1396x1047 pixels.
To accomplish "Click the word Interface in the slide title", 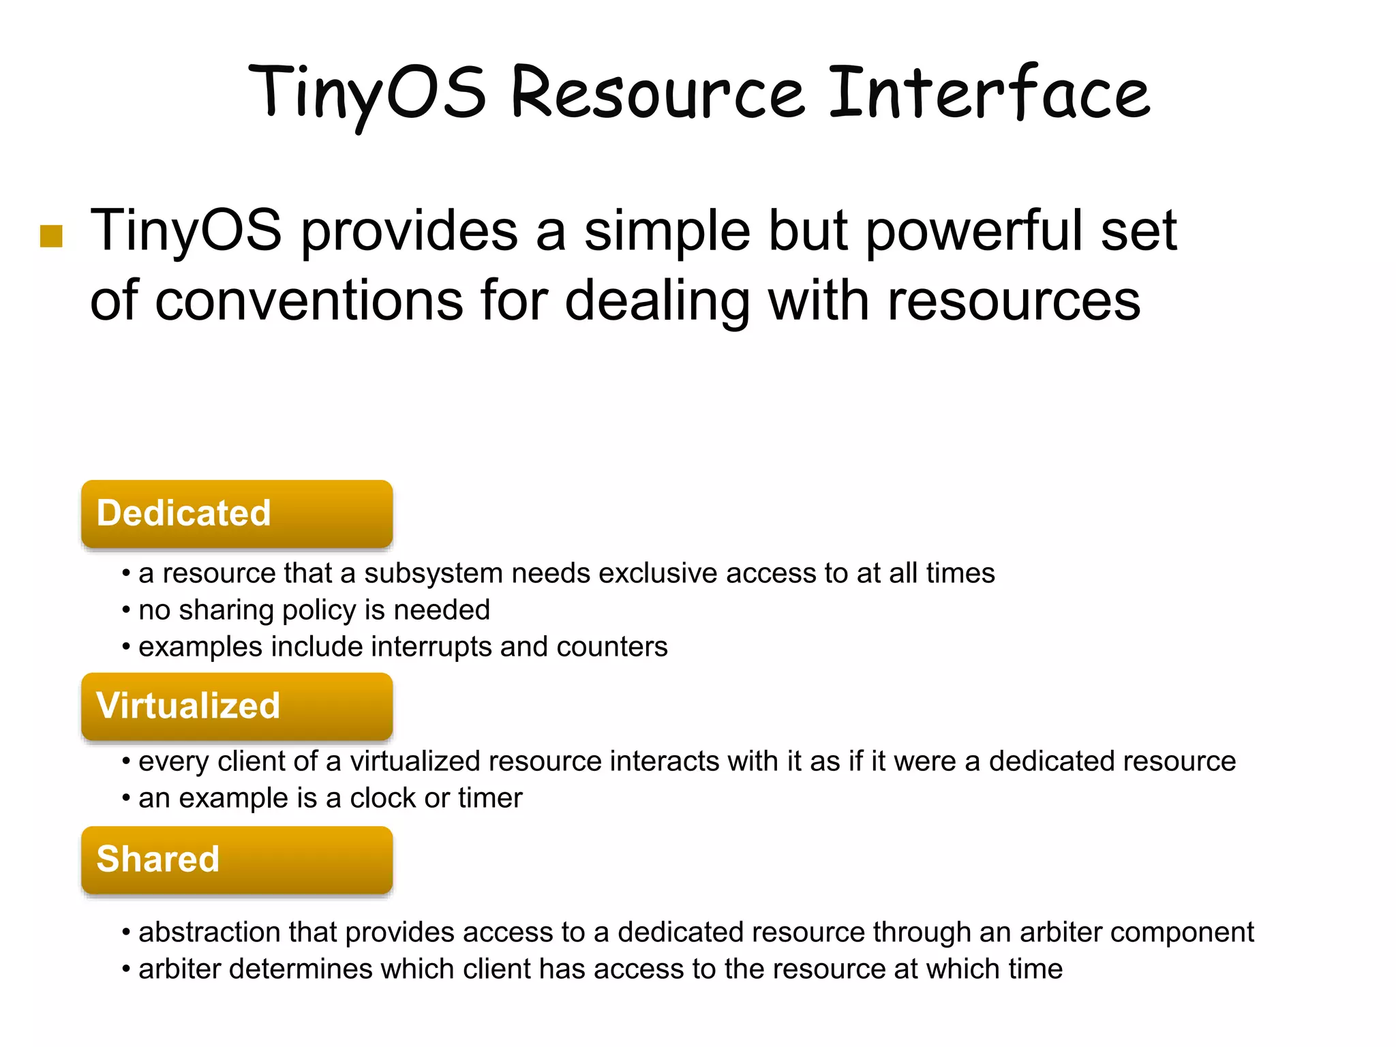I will coord(989,93).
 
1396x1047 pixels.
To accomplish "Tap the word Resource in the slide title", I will coord(657,93).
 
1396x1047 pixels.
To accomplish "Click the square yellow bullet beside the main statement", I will coord(51,236).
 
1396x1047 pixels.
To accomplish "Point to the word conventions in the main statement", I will coord(309,301).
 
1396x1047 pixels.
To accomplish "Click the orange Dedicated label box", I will coord(237,513).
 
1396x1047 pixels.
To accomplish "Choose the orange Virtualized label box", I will coord(237,706).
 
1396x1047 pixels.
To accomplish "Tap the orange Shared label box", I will coord(237,860).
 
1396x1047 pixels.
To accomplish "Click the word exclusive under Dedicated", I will coord(657,573).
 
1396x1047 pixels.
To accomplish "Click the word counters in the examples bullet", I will coord(611,647).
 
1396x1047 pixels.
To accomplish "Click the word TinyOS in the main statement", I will coord(185,230).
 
